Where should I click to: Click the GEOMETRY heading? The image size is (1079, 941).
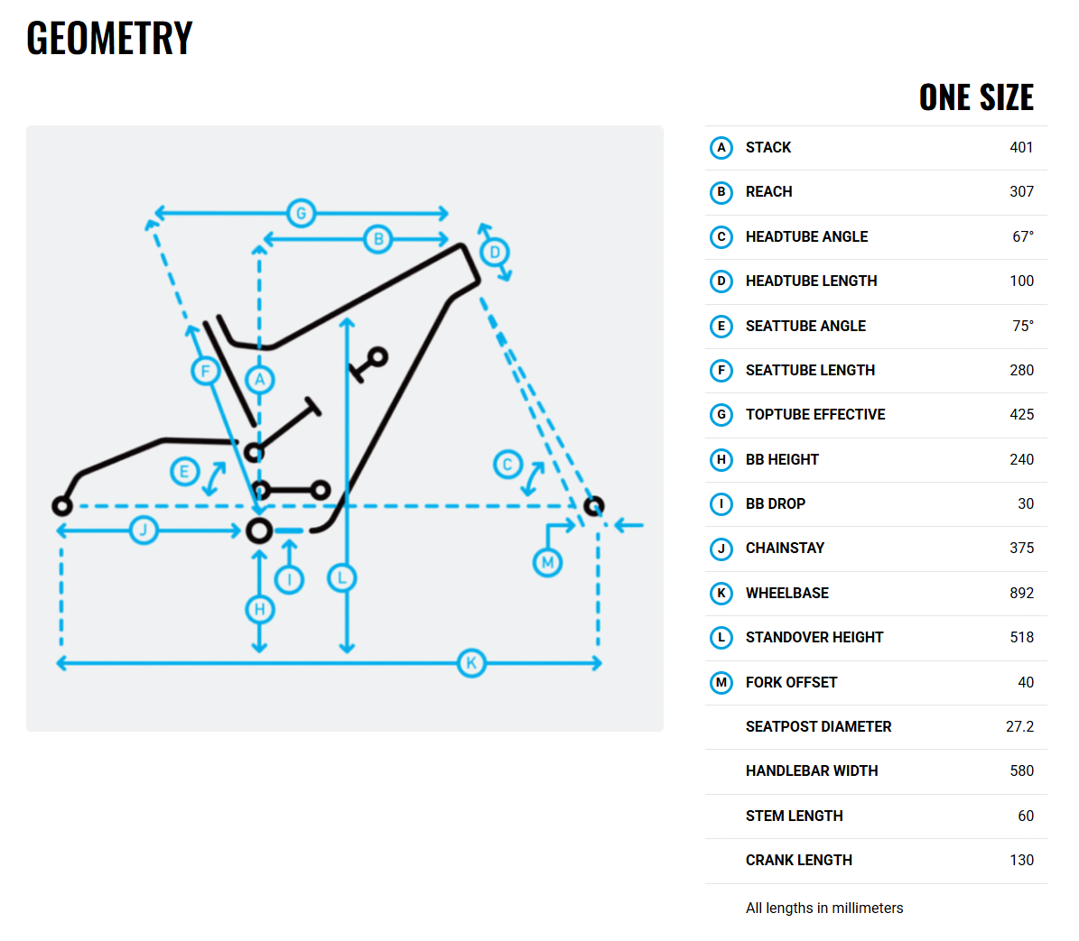(x=109, y=38)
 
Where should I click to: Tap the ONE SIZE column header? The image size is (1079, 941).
(x=976, y=97)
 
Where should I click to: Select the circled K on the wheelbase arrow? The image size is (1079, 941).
(x=471, y=662)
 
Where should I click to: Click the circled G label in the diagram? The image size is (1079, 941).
(x=302, y=213)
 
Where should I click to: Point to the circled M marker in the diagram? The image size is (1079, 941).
(x=548, y=563)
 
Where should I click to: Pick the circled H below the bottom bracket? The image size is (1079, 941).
(x=259, y=609)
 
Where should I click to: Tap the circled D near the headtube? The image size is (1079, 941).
(x=495, y=253)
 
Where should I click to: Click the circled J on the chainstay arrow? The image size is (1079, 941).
(x=144, y=530)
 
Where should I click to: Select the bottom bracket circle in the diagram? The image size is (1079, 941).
(x=259, y=530)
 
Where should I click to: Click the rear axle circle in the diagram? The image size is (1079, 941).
(x=62, y=506)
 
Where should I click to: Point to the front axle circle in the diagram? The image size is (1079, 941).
(x=594, y=506)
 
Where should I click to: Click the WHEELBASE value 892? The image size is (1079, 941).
(x=1021, y=593)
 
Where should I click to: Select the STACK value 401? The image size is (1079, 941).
(x=1021, y=148)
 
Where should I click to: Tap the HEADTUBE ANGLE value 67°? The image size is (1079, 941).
(x=1023, y=237)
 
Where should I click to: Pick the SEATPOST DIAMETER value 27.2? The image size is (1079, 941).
(x=1019, y=726)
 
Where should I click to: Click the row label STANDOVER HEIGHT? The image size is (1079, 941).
(x=814, y=638)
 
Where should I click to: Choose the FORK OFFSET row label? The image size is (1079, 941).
(x=791, y=683)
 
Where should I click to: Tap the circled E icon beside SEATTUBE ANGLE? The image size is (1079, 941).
(x=721, y=326)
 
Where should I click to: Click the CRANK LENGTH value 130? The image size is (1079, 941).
(x=1021, y=861)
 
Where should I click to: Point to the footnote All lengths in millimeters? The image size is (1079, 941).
(x=824, y=908)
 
